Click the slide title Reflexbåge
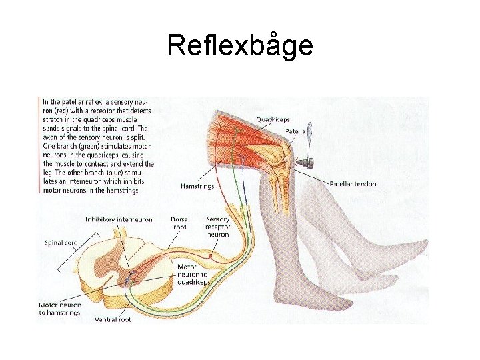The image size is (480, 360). (x=240, y=45)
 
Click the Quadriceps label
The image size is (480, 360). (x=273, y=119)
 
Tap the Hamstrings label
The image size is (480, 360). (x=197, y=186)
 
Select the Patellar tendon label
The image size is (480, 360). (x=353, y=183)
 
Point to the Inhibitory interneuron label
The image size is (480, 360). (x=119, y=219)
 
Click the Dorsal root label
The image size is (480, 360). (x=180, y=223)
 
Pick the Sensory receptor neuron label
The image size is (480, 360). (x=218, y=227)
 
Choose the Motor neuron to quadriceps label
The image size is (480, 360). (x=194, y=274)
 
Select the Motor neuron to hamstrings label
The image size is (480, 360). (x=60, y=308)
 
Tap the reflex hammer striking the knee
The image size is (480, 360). (x=305, y=161)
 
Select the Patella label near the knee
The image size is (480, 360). (x=295, y=132)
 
